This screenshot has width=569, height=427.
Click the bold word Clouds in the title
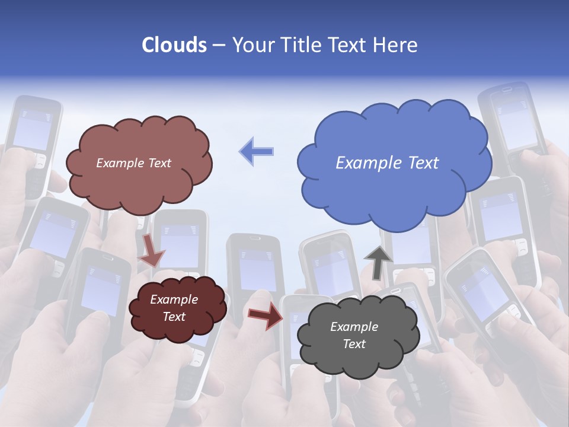(174, 45)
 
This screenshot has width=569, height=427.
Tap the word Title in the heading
(303, 45)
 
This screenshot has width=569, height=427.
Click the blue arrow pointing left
(256, 151)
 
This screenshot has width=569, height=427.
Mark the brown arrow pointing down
(152, 249)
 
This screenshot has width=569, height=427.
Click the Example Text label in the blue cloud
(387, 163)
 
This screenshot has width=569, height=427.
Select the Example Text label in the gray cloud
(354, 335)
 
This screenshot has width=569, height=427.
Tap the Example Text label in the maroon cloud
(174, 308)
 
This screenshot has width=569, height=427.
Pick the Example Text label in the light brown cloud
(133, 163)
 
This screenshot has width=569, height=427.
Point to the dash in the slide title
(218, 46)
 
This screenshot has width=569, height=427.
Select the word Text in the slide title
(350, 45)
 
